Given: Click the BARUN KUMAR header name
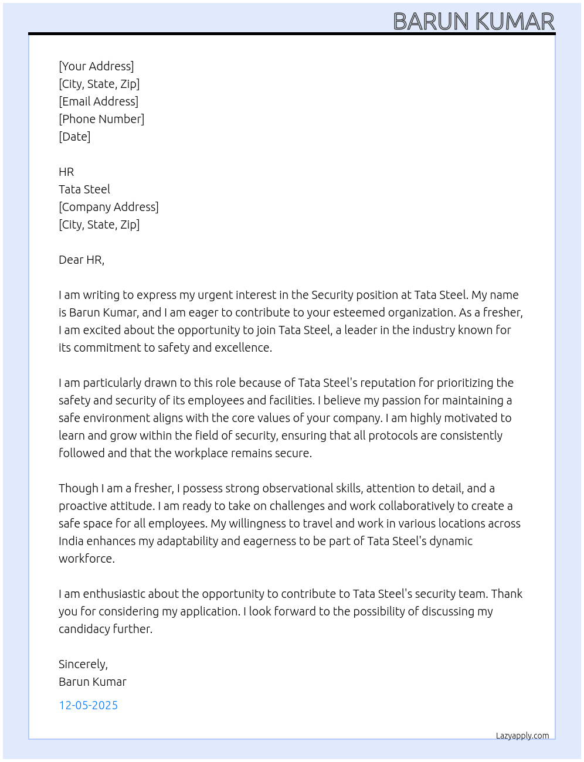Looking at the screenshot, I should click(x=473, y=22).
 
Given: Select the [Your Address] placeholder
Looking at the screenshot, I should click(x=96, y=66).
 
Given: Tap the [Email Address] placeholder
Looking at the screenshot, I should click(x=99, y=101).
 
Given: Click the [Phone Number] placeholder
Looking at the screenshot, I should click(x=101, y=119).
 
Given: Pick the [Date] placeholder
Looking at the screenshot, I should click(x=74, y=137).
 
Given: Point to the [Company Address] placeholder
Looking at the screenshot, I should click(x=108, y=207).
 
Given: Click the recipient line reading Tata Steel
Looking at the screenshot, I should click(x=84, y=189).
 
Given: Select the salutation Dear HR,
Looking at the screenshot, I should click(x=82, y=260).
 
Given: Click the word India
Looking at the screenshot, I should click(x=71, y=541).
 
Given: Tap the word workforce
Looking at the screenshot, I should click(x=86, y=559).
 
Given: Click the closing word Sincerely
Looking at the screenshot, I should click(x=83, y=664).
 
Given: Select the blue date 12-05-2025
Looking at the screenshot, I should click(x=88, y=705).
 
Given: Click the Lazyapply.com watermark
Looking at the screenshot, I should click(x=522, y=736).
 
